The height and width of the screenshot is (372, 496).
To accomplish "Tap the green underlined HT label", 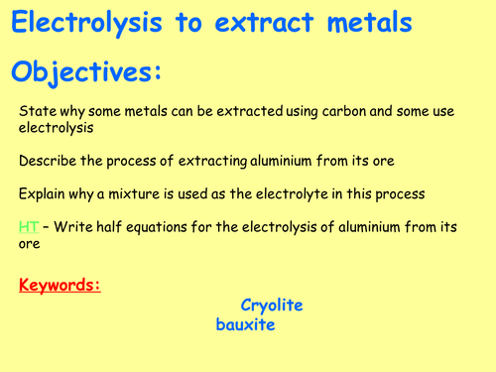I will [29, 227].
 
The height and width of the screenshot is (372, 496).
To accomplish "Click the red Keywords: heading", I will [61, 288].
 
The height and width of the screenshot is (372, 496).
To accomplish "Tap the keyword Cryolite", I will [271, 306].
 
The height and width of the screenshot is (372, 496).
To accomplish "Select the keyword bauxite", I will [245, 324].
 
